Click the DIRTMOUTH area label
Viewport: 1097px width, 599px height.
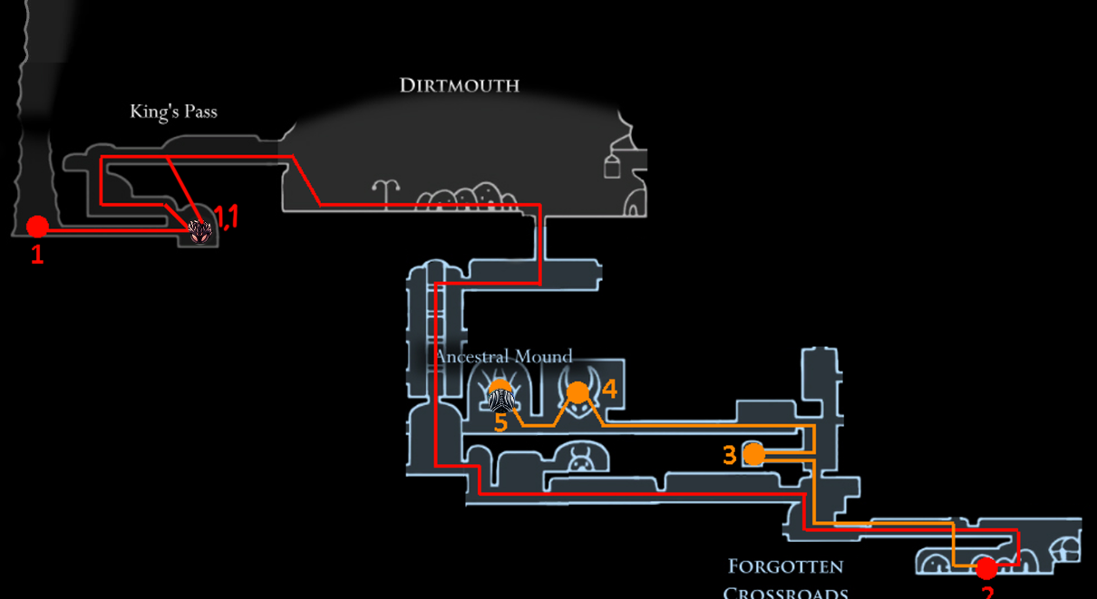point(459,86)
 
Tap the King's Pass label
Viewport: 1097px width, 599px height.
point(173,112)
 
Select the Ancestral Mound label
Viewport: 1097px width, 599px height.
point(503,356)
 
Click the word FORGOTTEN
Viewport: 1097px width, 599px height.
point(785,567)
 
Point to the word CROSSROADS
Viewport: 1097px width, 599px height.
point(785,593)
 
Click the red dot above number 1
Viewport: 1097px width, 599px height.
point(37,226)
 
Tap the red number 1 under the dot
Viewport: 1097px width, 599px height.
point(37,256)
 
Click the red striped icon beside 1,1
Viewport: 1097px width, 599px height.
point(199,232)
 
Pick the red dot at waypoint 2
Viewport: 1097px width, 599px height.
point(985,568)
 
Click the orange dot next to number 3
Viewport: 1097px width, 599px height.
point(753,454)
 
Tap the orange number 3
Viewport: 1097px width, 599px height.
point(730,455)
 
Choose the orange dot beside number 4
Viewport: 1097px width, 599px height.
point(578,392)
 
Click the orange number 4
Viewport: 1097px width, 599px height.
point(609,390)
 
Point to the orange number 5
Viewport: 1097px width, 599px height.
point(500,422)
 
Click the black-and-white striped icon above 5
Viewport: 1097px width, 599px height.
point(501,399)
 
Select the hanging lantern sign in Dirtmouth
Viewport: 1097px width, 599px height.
point(613,165)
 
